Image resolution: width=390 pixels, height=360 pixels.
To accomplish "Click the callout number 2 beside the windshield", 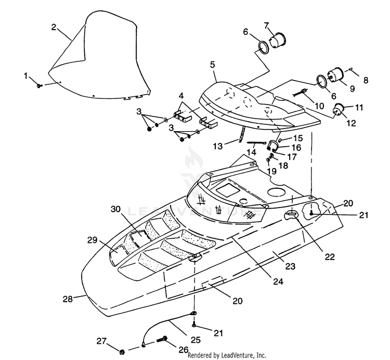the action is click(54, 27).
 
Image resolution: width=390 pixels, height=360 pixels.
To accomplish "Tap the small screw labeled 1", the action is click(40, 86).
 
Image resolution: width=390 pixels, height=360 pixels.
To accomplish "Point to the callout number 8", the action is click(366, 80).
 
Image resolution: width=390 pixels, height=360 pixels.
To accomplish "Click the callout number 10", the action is click(319, 106).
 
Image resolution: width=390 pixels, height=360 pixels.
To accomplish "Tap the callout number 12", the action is click(351, 123).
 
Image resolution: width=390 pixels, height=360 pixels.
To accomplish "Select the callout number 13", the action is click(218, 146).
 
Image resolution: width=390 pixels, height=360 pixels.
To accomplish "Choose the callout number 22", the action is click(330, 256).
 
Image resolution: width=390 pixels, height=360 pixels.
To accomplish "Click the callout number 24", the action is click(278, 281).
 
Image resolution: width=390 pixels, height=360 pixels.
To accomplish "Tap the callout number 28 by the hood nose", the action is click(68, 299).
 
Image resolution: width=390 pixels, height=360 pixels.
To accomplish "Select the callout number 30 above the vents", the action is click(116, 209).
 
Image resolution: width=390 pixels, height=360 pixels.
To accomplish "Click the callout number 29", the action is click(93, 240).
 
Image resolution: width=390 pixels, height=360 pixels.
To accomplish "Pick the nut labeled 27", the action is click(122, 352).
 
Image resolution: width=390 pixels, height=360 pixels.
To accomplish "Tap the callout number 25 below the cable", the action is click(195, 340).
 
